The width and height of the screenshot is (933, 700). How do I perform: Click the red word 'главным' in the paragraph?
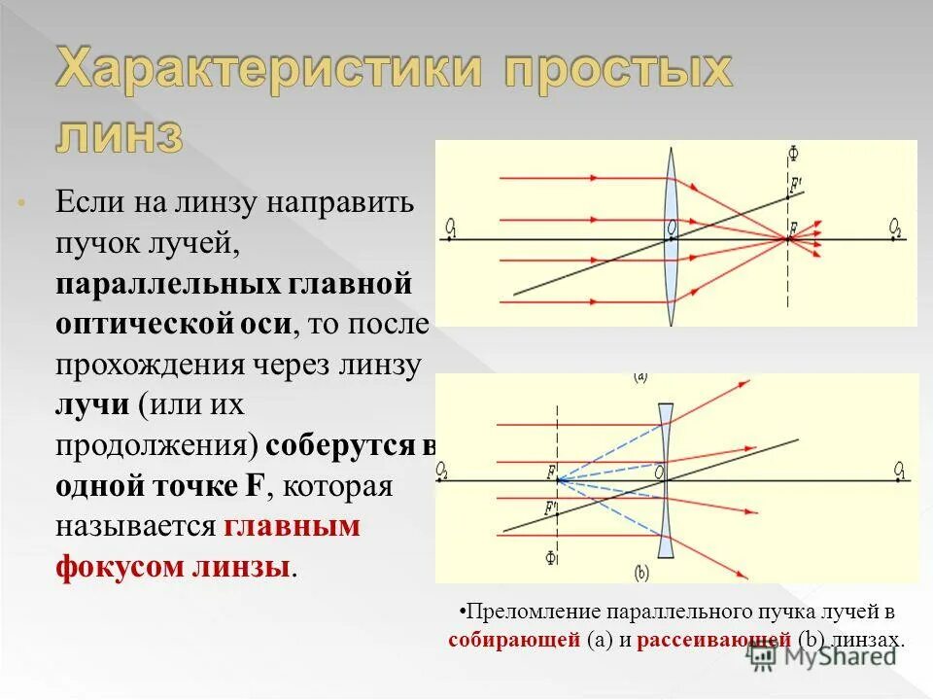[292, 526]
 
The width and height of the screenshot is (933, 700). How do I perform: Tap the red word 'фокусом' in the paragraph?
[116, 566]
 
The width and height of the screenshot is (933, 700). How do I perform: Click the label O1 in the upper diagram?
[452, 227]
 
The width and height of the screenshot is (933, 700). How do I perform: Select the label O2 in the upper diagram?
[895, 227]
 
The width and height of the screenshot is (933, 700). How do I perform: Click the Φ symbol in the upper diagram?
[793, 154]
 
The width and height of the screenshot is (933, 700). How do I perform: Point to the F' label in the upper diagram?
[796, 185]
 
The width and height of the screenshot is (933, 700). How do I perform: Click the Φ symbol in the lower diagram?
[551, 557]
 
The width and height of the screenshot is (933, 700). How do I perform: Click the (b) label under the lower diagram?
[641, 574]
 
